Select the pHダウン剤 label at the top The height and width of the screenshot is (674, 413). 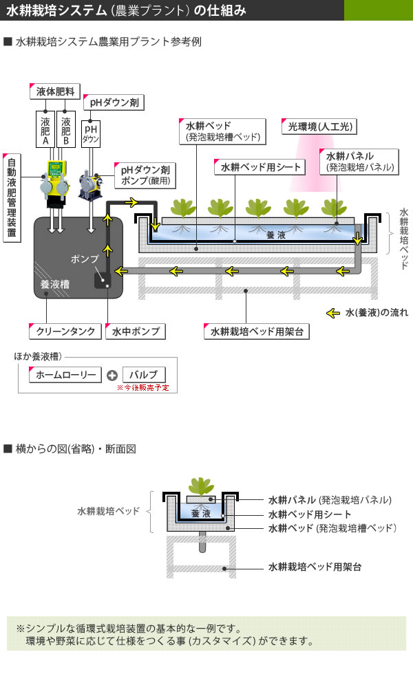(x=114, y=103)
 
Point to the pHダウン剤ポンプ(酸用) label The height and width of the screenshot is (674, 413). (x=145, y=175)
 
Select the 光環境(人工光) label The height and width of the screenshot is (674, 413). (x=320, y=127)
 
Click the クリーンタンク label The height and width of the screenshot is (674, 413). (x=66, y=331)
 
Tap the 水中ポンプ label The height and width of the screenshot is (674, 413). (x=136, y=331)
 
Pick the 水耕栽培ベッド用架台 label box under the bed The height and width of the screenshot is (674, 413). (x=257, y=331)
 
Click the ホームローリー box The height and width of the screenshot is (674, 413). (x=65, y=375)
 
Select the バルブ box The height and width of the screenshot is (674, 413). (x=144, y=375)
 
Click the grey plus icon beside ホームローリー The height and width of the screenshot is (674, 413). (x=112, y=376)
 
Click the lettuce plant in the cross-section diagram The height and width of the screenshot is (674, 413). (x=201, y=486)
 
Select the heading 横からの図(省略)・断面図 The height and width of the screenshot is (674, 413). (x=76, y=449)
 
